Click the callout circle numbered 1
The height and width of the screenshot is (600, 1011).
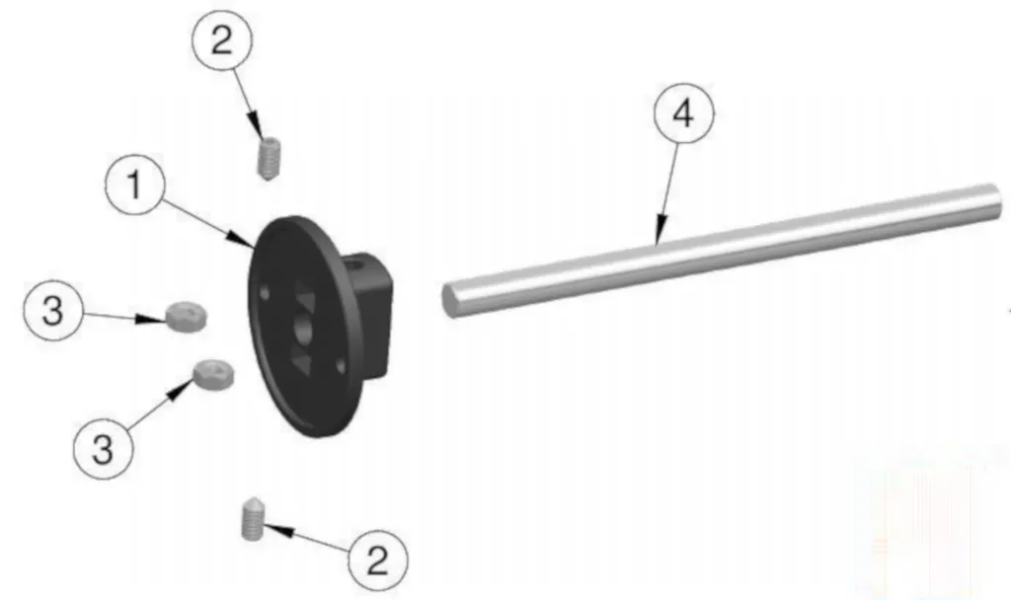(134, 185)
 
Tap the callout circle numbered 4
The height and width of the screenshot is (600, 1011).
(683, 113)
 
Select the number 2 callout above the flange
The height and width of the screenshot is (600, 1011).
(222, 39)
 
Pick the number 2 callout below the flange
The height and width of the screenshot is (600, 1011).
(378, 560)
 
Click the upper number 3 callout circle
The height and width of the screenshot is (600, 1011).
(53, 310)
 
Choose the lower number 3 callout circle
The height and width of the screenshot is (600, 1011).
(103, 449)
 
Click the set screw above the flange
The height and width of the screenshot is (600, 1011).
(270, 159)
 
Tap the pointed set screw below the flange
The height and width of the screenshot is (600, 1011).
(252, 519)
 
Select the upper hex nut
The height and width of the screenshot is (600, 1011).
(186, 316)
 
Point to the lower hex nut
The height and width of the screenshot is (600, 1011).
(214, 374)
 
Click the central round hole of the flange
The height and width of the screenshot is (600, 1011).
(302, 330)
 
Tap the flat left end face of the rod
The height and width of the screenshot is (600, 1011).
(450, 300)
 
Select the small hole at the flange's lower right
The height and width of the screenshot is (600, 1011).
(341, 367)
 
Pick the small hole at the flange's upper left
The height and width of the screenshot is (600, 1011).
(265, 293)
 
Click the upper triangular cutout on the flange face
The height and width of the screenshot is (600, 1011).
(304, 296)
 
